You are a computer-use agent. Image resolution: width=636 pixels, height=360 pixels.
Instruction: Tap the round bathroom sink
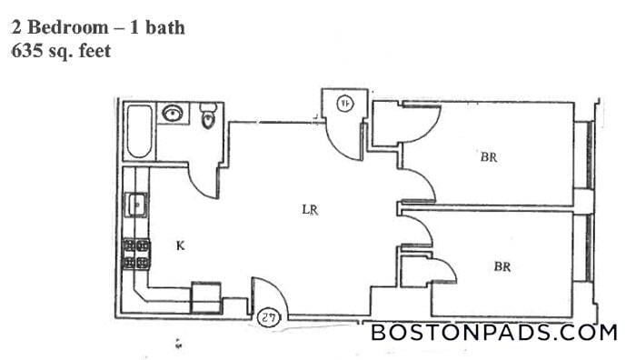pyautogui.click(x=173, y=114)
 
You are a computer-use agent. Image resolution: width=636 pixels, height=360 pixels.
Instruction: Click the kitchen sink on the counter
pyautogui.click(x=134, y=205)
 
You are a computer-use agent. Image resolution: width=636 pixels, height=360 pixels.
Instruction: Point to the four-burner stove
pyautogui.click(x=135, y=254)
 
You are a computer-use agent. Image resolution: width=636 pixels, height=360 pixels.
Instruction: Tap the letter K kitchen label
pyautogui.click(x=180, y=245)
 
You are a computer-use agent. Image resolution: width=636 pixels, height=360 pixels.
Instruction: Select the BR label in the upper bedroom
pyautogui.click(x=489, y=157)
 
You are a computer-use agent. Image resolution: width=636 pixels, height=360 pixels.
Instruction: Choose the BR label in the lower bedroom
pyautogui.click(x=502, y=267)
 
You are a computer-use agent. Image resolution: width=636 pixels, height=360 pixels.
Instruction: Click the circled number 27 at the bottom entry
pyautogui.click(x=269, y=317)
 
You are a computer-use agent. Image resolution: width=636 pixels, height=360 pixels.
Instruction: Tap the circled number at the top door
pyautogui.click(x=345, y=103)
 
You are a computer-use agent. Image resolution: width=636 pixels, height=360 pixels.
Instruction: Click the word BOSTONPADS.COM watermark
pyautogui.click(x=494, y=333)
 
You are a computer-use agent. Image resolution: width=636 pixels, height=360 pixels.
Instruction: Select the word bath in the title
pyautogui.click(x=166, y=27)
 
